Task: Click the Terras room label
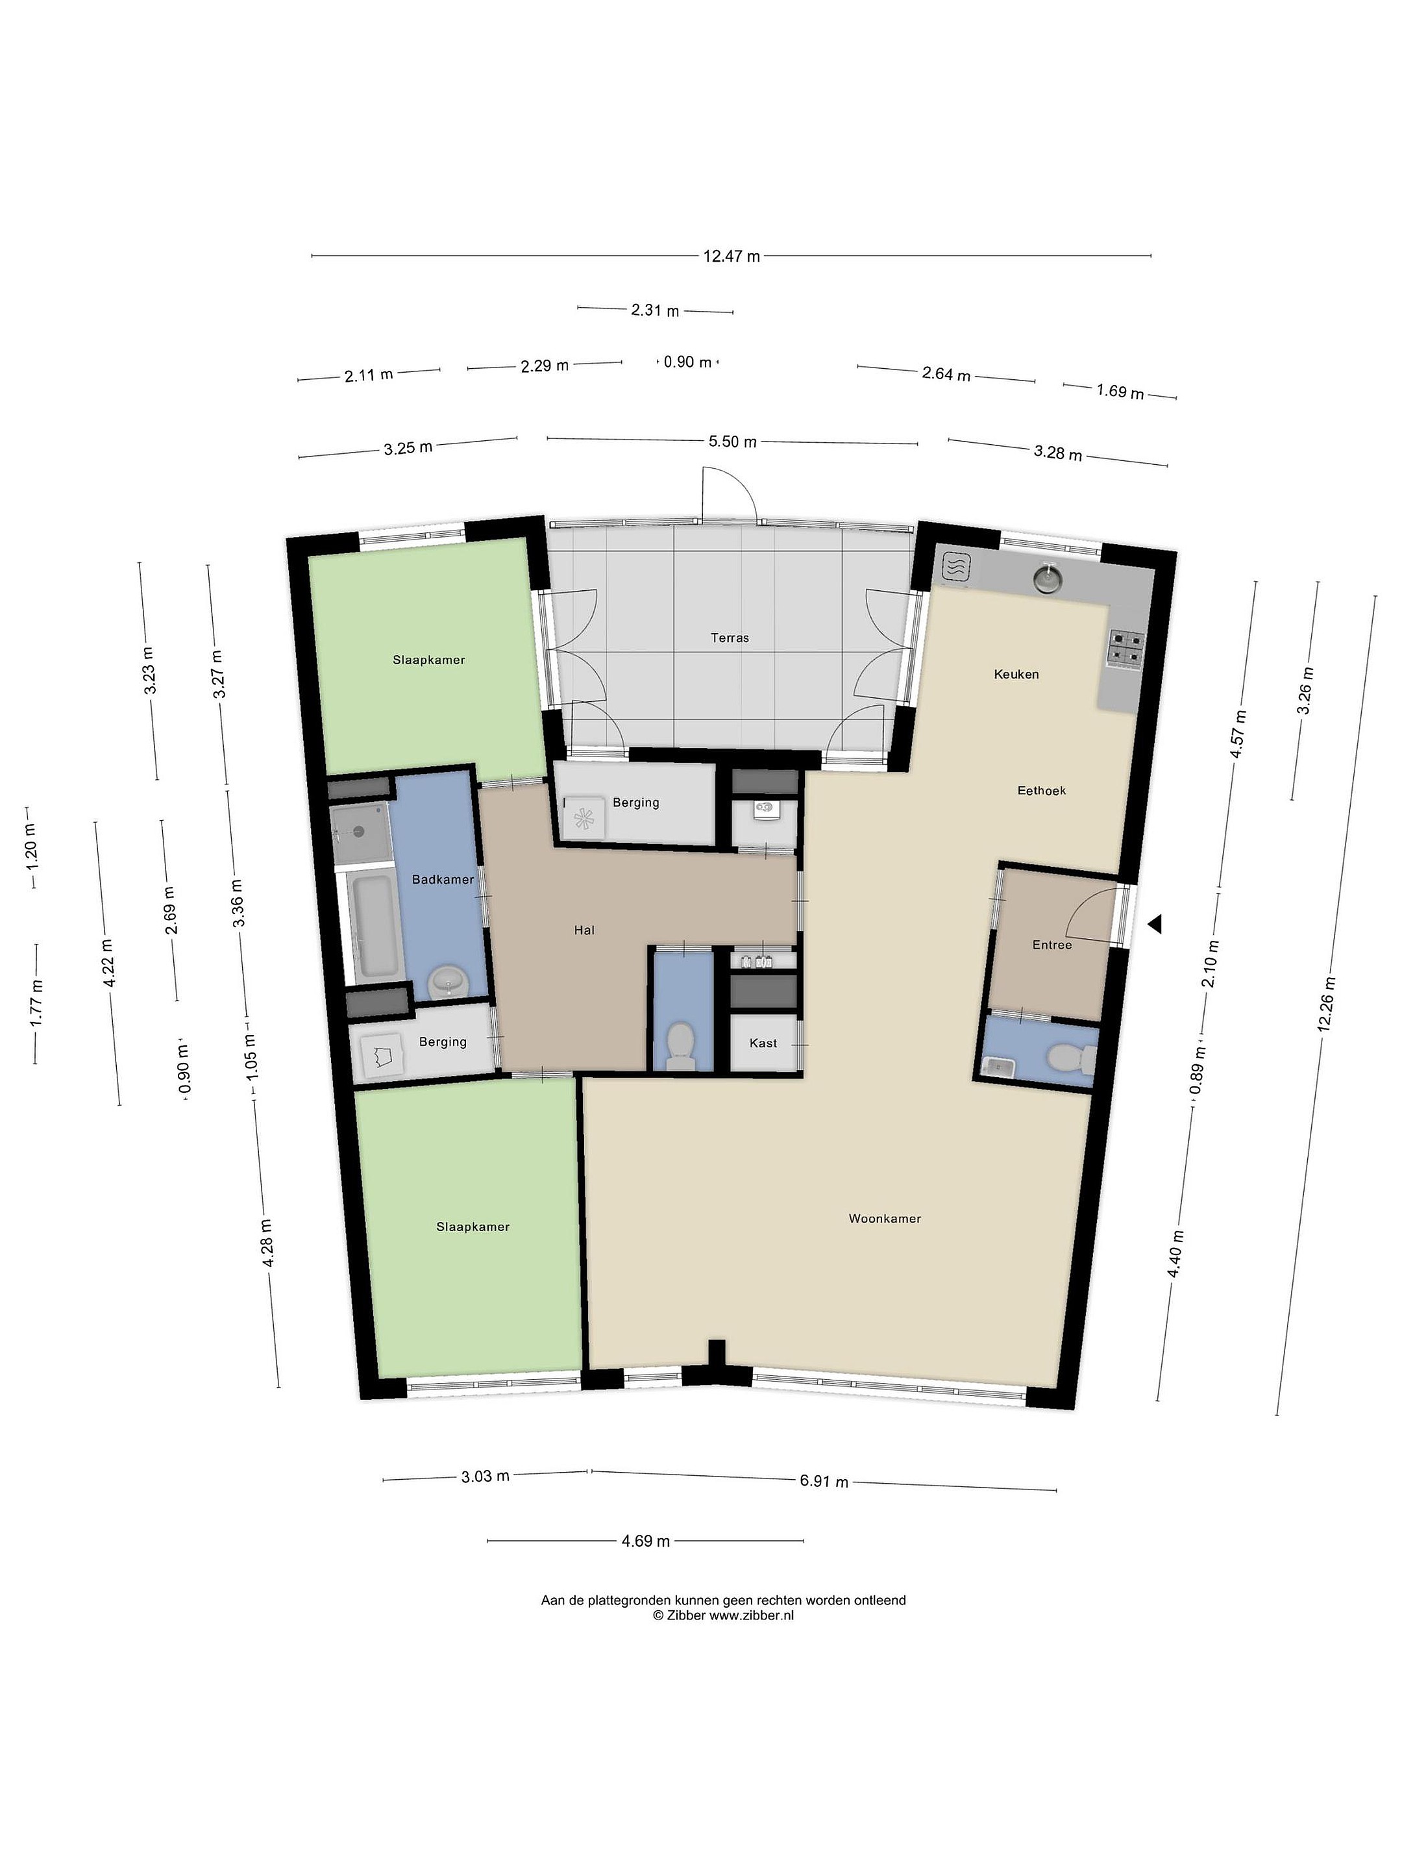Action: pyautogui.click(x=730, y=638)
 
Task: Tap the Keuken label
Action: pyautogui.click(x=1016, y=675)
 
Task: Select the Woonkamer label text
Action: pyautogui.click(x=885, y=1219)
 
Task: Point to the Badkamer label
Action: pyautogui.click(x=443, y=880)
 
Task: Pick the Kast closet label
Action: pyautogui.click(x=763, y=1043)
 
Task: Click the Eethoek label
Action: pyautogui.click(x=1041, y=792)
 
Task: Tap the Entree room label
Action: pyautogui.click(x=1052, y=945)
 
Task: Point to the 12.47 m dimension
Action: pyautogui.click(x=732, y=256)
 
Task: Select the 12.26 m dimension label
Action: pyautogui.click(x=1326, y=1003)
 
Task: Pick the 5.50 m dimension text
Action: pyautogui.click(x=732, y=442)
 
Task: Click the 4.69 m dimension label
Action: pyautogui.click(x=646, y=1541)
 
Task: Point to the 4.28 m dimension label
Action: pyautogui.click(x=267, y=1243)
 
